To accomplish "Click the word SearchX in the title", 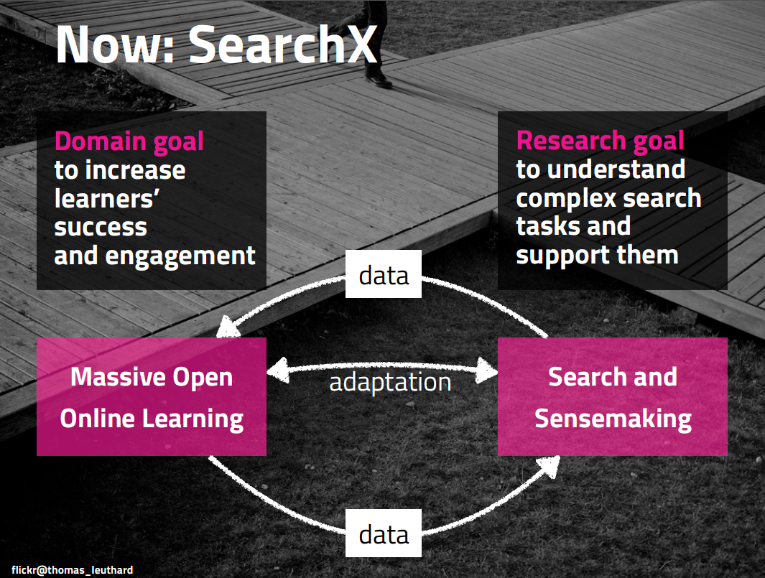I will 283,45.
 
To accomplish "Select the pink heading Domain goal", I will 129,141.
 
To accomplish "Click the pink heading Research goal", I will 600,141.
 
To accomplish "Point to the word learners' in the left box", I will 106,199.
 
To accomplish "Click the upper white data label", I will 384,274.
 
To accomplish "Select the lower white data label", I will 384,533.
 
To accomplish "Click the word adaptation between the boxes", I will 390,381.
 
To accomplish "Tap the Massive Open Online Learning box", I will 152,397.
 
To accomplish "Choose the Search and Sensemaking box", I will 613,397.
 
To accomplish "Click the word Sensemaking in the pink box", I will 613,418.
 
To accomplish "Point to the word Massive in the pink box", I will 111,377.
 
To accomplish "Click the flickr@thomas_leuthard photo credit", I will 73,570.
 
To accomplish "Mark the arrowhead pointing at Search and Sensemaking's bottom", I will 549,465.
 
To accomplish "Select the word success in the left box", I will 101,228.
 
